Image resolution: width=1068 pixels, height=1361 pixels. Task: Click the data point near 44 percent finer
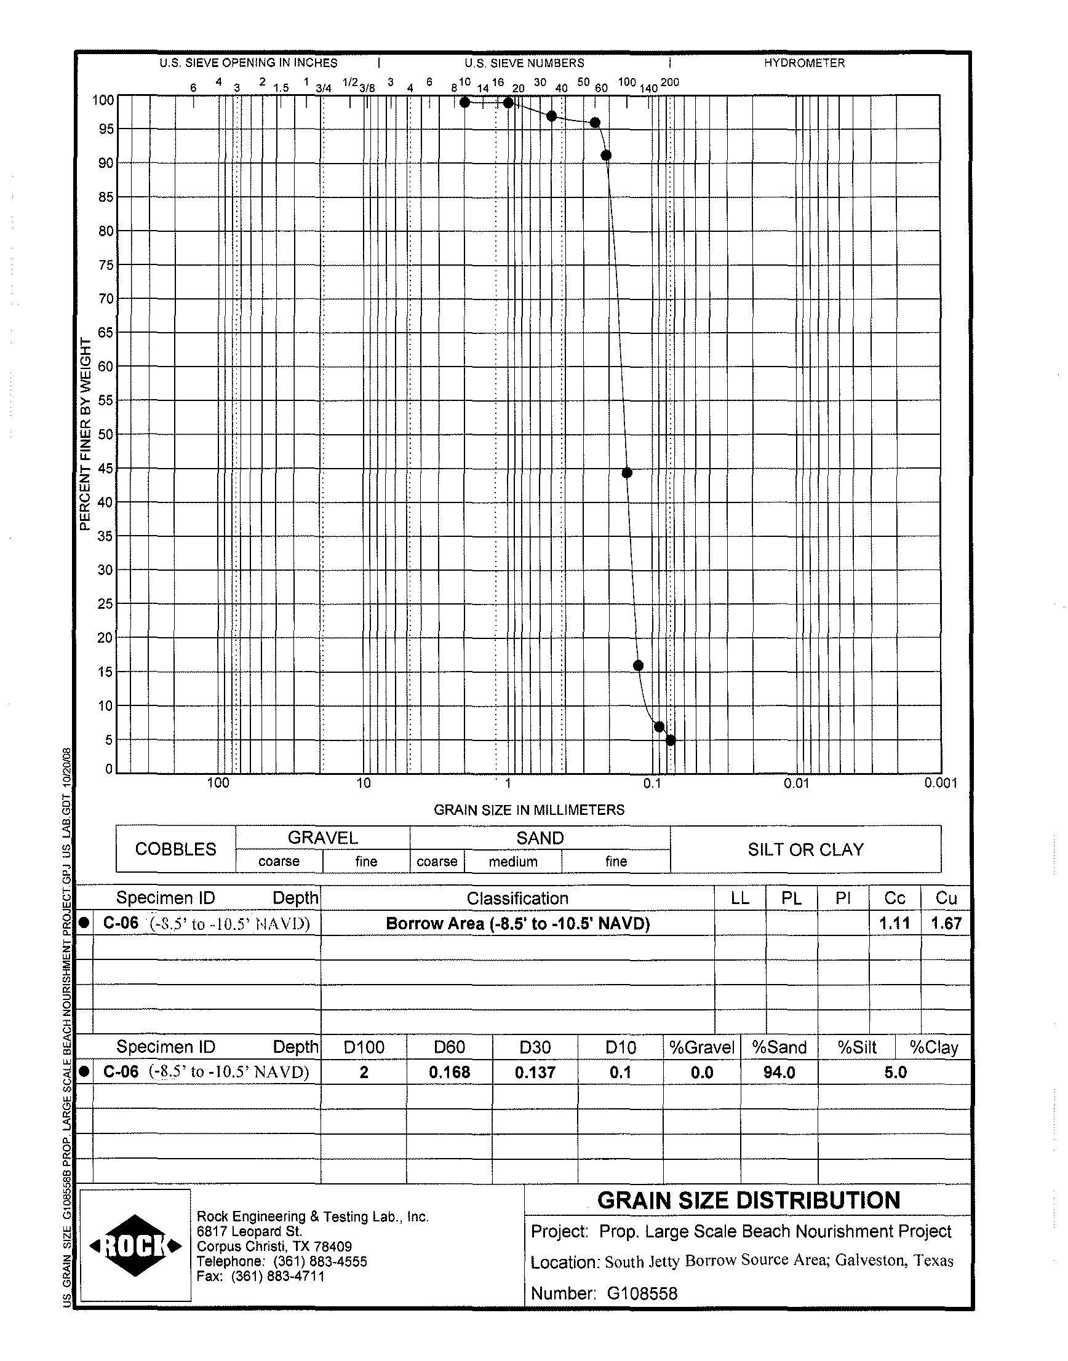point(627,473)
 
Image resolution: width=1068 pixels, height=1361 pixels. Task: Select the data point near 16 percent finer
point(638,665)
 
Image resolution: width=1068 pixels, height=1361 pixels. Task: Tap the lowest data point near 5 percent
point(671,740)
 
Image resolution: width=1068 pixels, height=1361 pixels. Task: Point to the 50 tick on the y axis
point(106,434)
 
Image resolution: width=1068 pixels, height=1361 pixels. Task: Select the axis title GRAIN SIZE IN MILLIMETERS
point(529,809)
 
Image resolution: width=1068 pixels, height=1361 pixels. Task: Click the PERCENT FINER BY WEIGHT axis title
point(86,434)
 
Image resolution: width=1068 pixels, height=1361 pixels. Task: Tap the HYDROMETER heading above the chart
point(804,63)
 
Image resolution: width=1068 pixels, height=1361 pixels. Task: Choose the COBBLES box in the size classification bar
point(176,849)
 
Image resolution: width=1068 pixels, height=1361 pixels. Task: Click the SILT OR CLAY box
point(805,849)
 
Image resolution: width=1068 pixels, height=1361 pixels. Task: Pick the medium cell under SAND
point(512,862)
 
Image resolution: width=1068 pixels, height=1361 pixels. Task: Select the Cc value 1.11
point(894,923)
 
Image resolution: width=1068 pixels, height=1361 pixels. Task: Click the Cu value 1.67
point(946,923)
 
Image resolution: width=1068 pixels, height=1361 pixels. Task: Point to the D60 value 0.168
point(449,1073)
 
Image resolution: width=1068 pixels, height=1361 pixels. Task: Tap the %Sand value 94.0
point(779,1073)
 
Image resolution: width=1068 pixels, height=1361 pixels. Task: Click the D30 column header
point(535,1047)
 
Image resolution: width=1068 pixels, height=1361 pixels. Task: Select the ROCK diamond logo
point(136,1246)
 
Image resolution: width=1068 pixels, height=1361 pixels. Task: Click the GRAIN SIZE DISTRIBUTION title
point(749,1200)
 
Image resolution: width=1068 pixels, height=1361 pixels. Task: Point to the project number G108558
point(642,1293)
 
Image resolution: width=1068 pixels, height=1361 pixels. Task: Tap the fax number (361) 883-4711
point(277,1276)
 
